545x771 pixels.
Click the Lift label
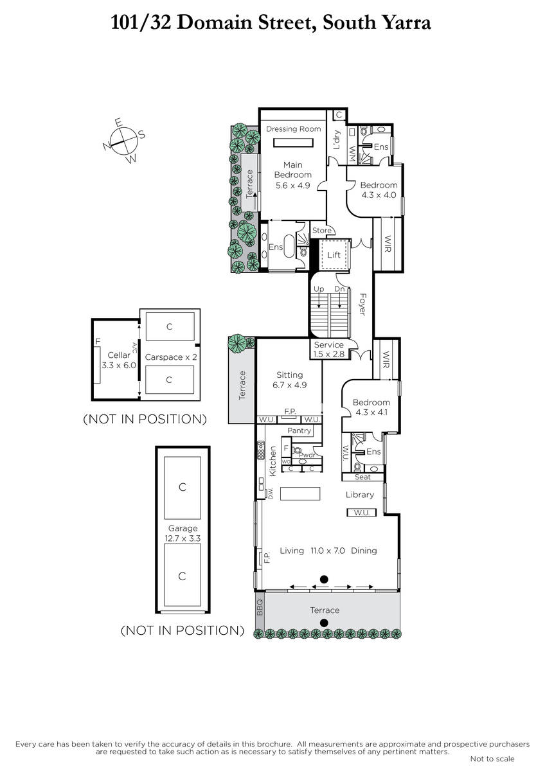point(334,254)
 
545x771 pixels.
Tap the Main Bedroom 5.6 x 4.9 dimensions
point(292,186)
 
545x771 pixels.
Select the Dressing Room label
point(293,128)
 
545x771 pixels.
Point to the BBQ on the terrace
point(260,608)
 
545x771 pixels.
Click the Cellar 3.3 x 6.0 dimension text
point(119,365)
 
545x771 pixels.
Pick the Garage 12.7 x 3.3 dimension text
point(183,538)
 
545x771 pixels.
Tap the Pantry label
point(299,430)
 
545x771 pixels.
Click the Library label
point(360,495)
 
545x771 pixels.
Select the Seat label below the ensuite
point(362,477)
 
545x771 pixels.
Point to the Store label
point(322,230)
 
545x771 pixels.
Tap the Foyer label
point(362,305)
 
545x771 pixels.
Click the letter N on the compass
point(107,146)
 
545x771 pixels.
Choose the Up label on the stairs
point(319,289)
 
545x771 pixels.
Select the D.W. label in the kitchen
point(271,493)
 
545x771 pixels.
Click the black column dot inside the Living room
point(324,580)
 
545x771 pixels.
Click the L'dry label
point(337,139)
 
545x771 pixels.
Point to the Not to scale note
point(492,759)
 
